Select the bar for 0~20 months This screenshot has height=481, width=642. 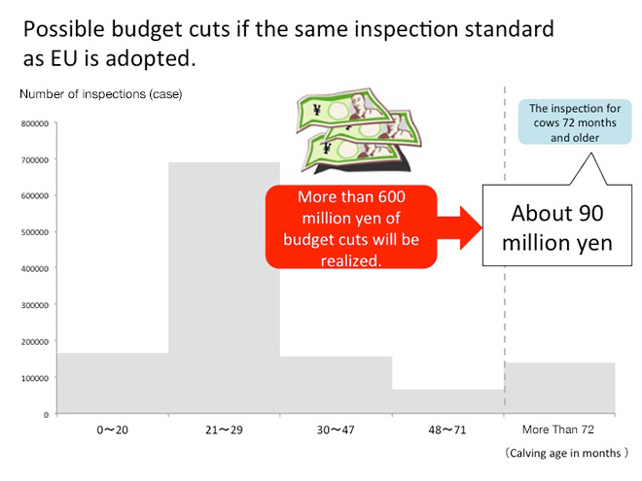click(113, 383)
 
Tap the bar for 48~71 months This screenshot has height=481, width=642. click(447, 401)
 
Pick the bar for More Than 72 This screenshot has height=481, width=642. click(559, 388)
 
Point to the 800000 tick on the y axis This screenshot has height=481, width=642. click(35, 123)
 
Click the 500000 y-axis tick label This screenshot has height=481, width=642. click(35, 232)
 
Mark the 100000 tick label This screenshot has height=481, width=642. click(35, 378)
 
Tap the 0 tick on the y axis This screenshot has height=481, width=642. click(47, 415)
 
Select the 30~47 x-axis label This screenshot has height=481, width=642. click(336, 429)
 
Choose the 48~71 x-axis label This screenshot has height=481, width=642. click(447, 429)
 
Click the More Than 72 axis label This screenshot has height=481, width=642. click(558, 429)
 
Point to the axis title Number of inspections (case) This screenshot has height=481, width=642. click(101, 94)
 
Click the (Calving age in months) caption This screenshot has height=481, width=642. click(565, 453)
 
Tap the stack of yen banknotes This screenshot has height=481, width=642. click(359, 131)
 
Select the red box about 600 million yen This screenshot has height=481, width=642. click(351, 227)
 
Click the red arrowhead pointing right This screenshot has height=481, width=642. click(471, 227)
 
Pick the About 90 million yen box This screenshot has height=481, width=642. click(557, 225)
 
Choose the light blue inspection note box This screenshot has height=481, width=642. click(575, 121)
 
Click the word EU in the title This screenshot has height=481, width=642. click(64, 58)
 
